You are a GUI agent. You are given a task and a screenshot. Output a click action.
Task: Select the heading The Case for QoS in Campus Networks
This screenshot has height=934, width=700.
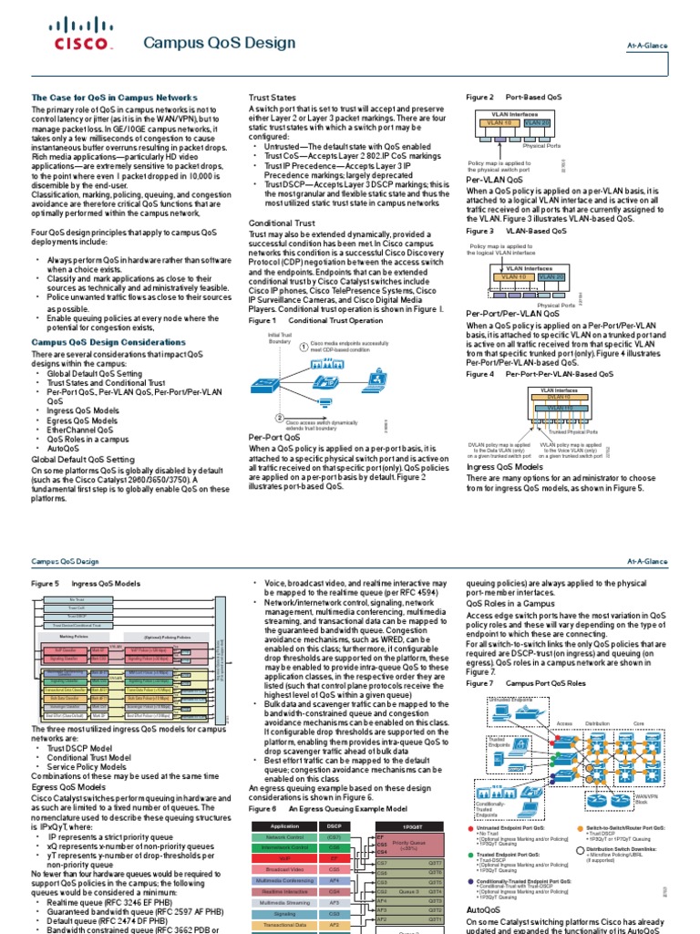pos(114,97)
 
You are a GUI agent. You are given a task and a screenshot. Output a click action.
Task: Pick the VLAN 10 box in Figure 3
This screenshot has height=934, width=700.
pos(513,276)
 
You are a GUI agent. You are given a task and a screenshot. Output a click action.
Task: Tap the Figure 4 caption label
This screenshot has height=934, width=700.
pos(479,374)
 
